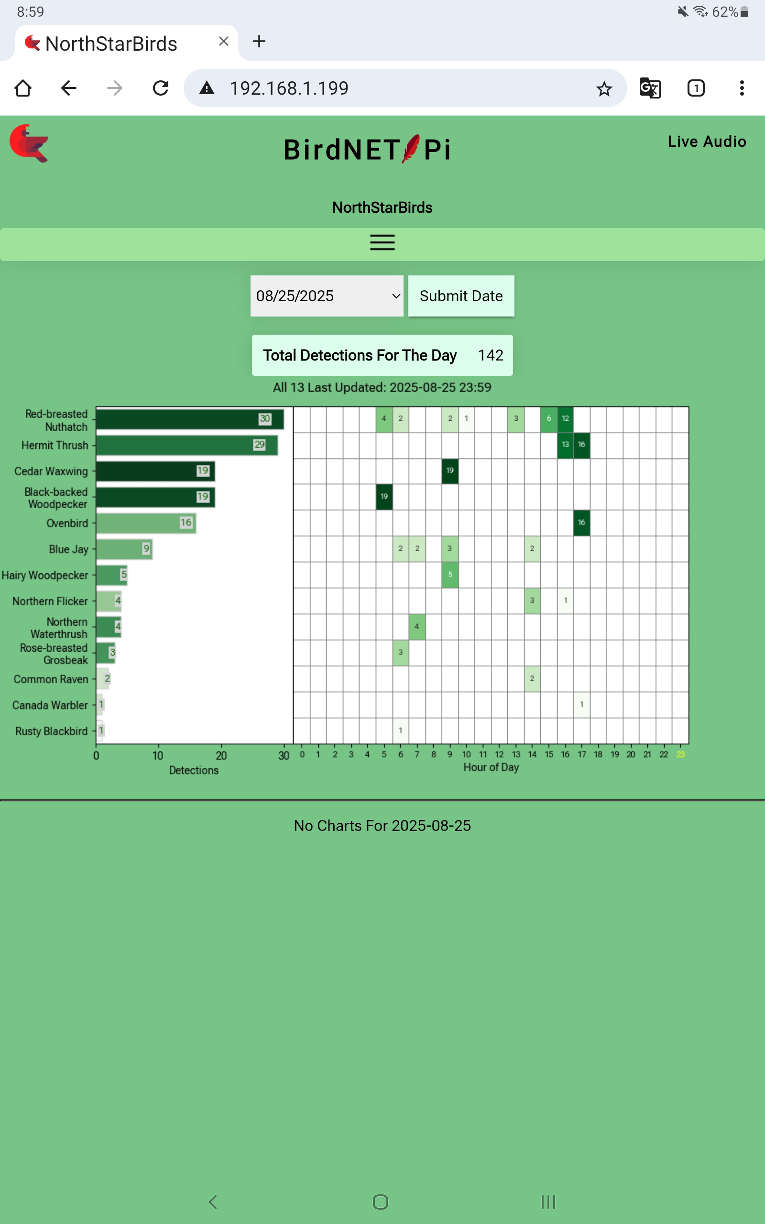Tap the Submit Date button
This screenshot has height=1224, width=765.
461,296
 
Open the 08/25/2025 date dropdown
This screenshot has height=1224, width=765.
327,296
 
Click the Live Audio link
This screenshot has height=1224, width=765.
706,142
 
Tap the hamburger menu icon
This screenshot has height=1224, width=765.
382,243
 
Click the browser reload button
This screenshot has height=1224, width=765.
160,88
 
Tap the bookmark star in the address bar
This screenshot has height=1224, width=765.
604,89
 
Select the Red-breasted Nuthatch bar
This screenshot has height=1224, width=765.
190,419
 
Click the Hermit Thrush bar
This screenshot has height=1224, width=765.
186,445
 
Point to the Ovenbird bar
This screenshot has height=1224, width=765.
146,523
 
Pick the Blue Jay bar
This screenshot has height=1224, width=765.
124,549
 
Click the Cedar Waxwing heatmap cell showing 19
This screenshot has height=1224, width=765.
450,471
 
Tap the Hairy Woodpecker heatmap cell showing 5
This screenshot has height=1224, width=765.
450,575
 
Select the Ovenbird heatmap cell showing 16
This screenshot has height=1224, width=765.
581,523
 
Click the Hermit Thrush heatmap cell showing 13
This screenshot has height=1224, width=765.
565,445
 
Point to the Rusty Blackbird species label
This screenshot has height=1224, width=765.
51,731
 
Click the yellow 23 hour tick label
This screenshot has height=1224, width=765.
680,754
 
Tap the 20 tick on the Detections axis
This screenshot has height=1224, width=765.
221,755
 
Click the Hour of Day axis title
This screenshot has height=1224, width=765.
491,767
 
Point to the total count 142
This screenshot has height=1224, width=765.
490,355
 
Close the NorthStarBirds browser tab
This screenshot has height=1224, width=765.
224,42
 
